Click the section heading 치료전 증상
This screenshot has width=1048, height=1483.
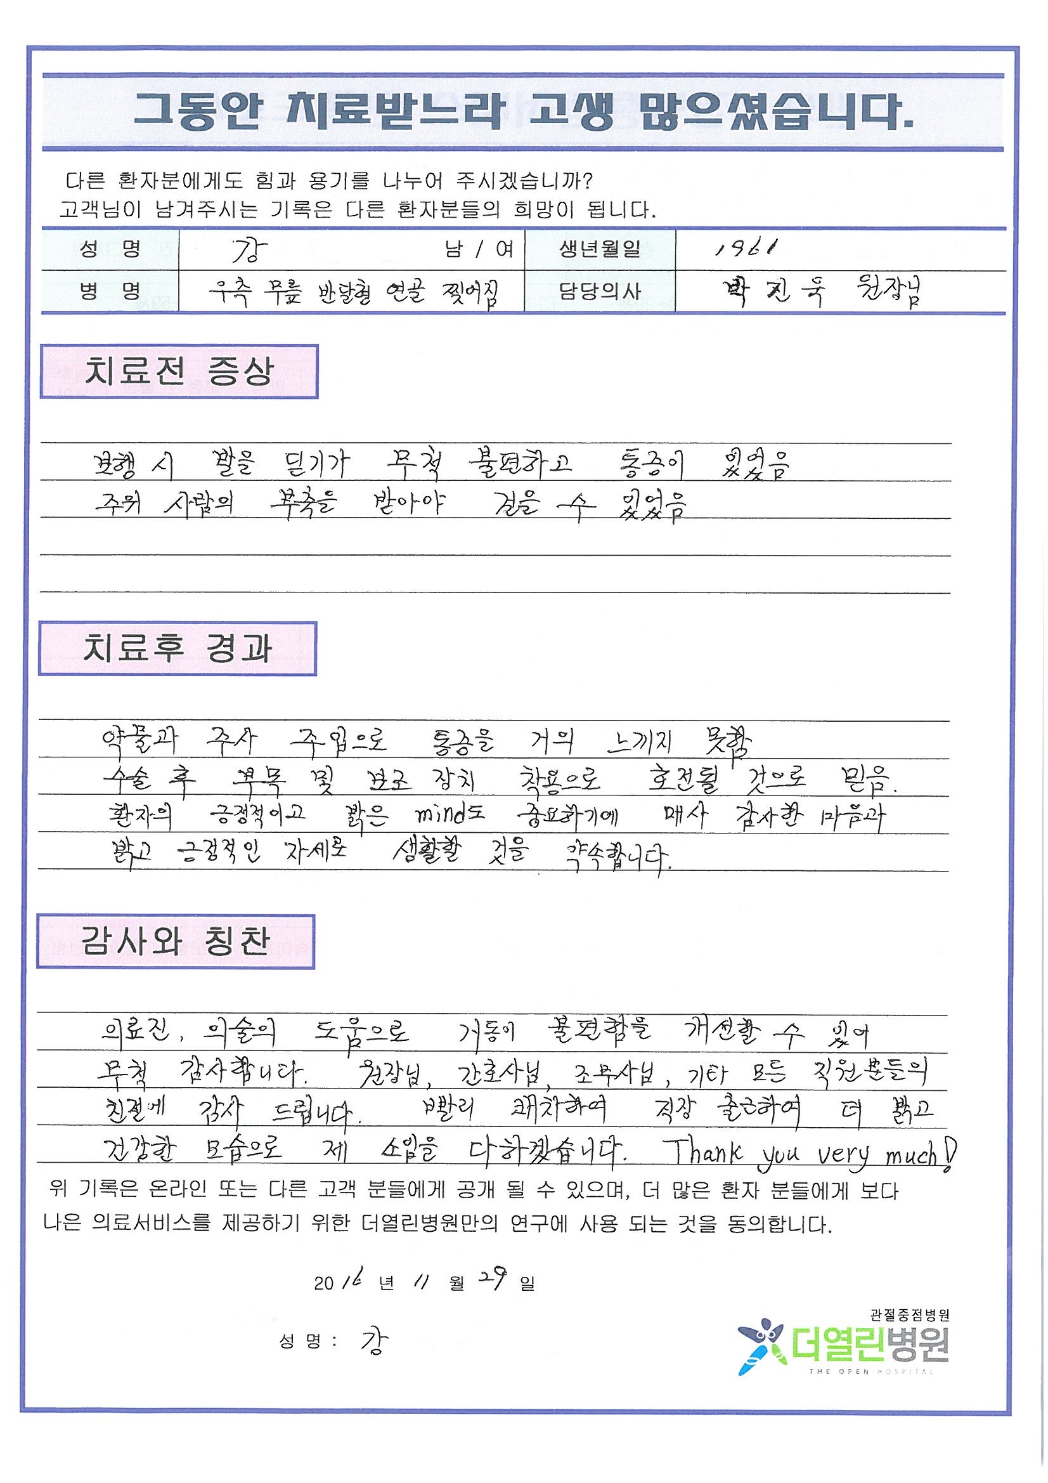coord(179,372)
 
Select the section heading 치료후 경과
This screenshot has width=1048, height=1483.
coord(177,649)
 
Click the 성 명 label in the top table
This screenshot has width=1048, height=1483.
coord(110,249)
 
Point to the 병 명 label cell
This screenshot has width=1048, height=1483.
coord(110,291)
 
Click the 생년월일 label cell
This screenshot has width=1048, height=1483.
coord(599,249)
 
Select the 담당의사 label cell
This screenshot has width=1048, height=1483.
coord(599,291)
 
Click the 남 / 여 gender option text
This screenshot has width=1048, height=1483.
coord(479,250)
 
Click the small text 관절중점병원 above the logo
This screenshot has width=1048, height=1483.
coord(909,1314)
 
